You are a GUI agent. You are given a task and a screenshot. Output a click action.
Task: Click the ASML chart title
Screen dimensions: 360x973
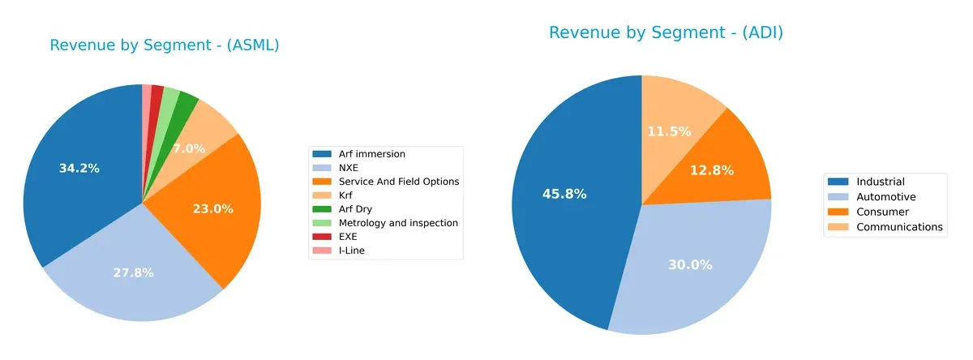pyautogui.click(x=165, y=45)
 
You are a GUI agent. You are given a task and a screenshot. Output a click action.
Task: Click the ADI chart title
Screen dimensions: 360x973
pyautogui.click(x=666, y=32)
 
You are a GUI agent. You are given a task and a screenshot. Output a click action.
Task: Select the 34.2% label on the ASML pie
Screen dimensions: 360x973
pyautogui.click(x=79, y=169)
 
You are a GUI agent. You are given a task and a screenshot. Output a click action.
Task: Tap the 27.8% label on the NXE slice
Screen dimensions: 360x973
pyautogui.click(x=133, y=273)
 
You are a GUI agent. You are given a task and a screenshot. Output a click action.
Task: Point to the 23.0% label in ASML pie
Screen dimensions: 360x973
pyautogui.click(x=212, y=208)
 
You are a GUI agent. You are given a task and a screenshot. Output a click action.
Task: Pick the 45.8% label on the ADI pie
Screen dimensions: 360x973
pyautogui.click(x=564, y=194)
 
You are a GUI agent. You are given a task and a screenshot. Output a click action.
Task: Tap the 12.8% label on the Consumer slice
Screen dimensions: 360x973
pyautogui.click(x=713, y=170)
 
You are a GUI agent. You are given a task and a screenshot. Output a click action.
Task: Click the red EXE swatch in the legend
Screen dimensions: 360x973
pyautogui.click(x=323, y=237)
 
